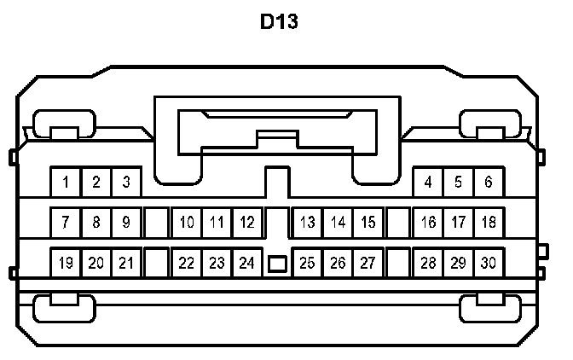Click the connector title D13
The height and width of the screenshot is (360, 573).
[279, 22]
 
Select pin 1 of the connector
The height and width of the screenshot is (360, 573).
[66, 182]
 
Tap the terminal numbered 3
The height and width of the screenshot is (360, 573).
[125, 182]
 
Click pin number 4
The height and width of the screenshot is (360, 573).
[428, 182]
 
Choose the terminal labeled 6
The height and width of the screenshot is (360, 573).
[488, 182]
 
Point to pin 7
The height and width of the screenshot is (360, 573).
[66, 223]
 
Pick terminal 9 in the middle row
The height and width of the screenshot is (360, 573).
[125, 223]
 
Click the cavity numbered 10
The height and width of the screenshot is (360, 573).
[187, 223]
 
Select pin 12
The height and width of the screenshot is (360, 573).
[246, 223]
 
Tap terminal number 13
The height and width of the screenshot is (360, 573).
[308, 223]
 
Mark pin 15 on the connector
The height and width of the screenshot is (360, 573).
[368, 223]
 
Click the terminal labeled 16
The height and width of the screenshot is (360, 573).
[428, 223]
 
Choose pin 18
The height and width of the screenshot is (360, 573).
[488, 223]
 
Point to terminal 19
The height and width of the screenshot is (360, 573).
[66, 263]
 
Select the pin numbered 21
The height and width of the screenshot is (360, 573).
[125, 263]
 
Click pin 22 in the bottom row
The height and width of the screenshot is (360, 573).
[187, 263]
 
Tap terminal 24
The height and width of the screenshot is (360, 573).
[246, 263]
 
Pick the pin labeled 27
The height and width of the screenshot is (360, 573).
[368, 263]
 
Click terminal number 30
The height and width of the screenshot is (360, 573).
[488, 263]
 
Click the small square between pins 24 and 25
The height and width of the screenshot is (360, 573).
[277, 264]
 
